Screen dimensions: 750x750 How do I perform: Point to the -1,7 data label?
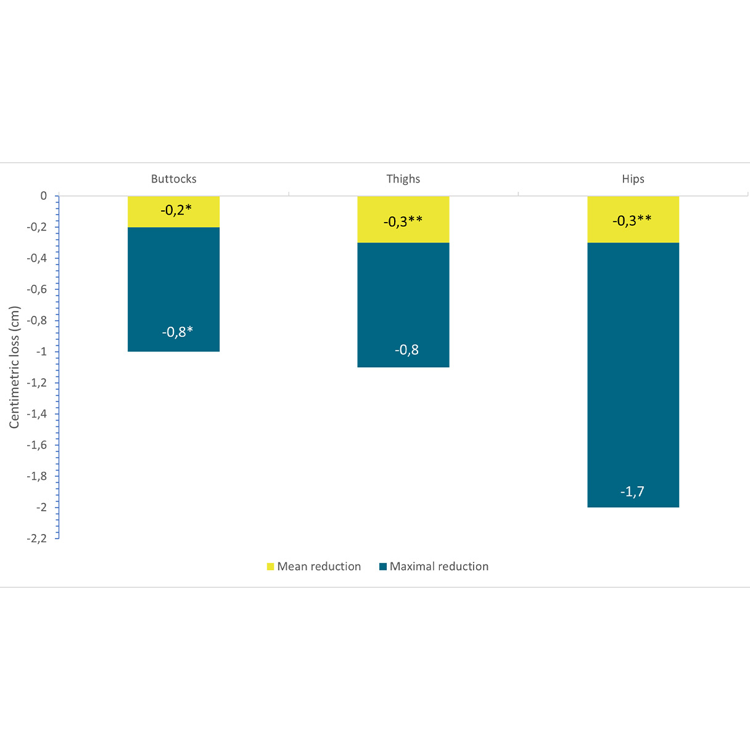pos(632,492)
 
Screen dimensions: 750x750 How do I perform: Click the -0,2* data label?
pos(176,210)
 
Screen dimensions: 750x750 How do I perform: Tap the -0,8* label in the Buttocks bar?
pos(177,332)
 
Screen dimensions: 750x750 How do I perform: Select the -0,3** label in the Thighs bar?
pos(403,221)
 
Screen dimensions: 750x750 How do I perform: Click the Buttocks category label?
pos(174,179)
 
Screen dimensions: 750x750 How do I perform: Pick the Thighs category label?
pos(403,179)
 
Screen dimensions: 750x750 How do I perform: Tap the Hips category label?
pos(633,179)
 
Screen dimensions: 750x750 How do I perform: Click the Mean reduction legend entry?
pos(314,566)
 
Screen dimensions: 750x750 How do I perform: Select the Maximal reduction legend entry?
pos(434,566)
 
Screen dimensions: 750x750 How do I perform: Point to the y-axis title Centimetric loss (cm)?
pos(14,367)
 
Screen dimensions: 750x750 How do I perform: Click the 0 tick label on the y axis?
pos(43,196)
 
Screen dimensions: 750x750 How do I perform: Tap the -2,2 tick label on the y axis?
pos(36,538)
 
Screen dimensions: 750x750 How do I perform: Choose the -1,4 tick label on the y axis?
pos(36,414)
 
